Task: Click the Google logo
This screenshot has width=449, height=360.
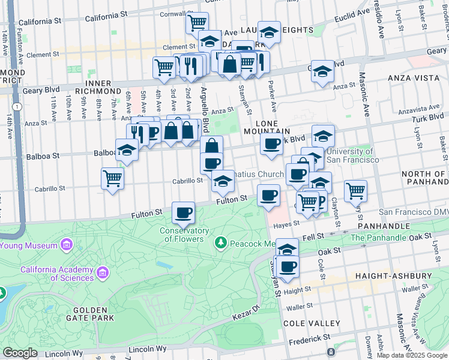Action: (x=20, y=353)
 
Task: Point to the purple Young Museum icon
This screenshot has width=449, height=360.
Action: (x=66, y=245)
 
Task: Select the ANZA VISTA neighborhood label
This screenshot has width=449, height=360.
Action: (x=409, y=78)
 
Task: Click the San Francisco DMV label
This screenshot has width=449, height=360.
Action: (x=413, y=213)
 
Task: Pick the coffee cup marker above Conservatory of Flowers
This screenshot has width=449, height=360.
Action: (x=183, y=212)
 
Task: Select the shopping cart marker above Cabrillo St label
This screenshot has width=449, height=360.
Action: (x=112, y=178)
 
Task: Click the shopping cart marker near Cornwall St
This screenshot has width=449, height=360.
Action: (x=197, y=23)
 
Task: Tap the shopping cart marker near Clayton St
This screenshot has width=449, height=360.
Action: (x=356, y=191)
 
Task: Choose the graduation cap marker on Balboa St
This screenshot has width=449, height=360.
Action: (x=127, y=151)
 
